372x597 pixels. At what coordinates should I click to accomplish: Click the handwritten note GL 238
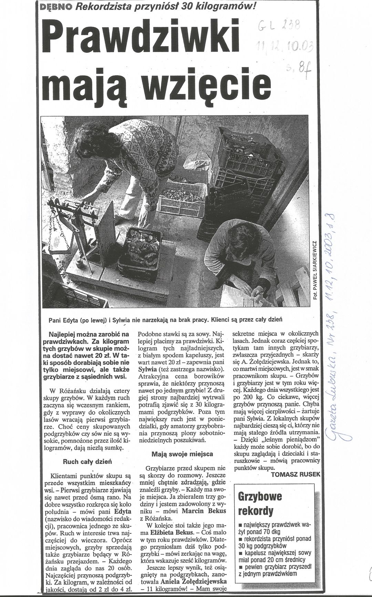pos(279,25)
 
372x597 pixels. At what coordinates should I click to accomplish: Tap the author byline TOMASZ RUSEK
pos(296,474)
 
